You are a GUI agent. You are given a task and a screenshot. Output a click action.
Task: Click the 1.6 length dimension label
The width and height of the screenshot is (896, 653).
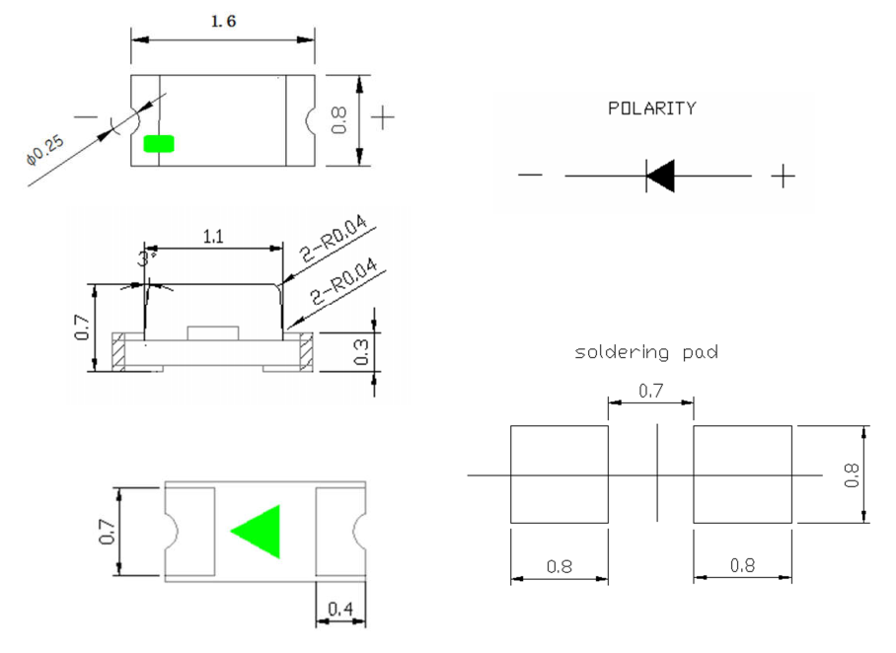click(224, 22)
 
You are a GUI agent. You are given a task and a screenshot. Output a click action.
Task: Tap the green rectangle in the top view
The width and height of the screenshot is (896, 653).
click(158, 144)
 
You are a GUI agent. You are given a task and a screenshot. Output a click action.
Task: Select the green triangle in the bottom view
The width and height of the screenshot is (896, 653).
click(260, 532)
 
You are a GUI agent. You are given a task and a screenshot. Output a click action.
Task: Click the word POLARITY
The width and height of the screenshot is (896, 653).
click(651, 109)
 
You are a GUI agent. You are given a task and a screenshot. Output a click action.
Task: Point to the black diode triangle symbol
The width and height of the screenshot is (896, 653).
click(660, 176)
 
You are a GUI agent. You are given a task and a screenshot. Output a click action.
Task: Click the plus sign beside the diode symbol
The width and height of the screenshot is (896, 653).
click(783, 177)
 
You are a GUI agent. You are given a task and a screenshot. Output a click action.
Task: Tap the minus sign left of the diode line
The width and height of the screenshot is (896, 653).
click(530, 177)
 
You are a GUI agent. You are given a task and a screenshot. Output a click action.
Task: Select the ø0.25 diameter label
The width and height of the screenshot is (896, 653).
click(43, 149)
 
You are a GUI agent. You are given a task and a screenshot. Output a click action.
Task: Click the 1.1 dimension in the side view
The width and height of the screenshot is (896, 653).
click(212, 237)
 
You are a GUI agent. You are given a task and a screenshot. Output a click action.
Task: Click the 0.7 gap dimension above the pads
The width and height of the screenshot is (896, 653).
click(650, 392)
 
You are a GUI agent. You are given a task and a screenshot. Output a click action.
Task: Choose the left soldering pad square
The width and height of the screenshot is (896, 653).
click(559, 474)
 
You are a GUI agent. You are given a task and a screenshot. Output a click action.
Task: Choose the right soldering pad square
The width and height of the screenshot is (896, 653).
click(742, 474)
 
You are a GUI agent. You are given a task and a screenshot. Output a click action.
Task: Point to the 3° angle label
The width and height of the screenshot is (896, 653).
click(148, 258)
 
